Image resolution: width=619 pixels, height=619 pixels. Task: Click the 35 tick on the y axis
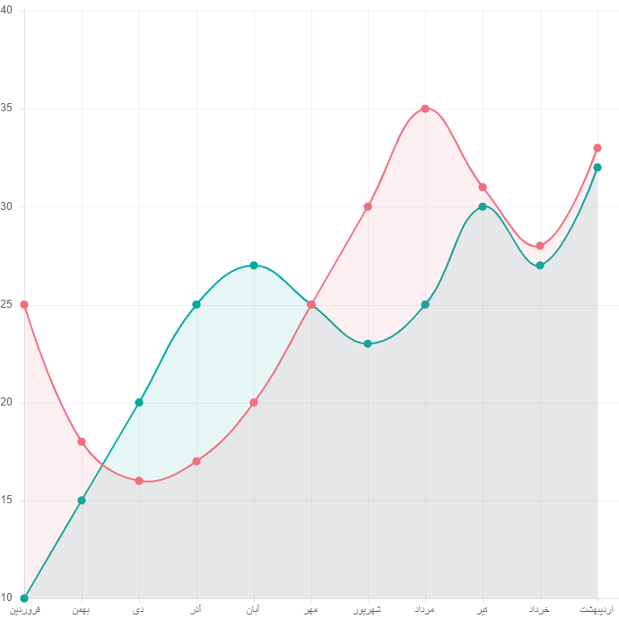coord(6,108)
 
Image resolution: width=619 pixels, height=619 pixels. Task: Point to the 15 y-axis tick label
coord(6,500)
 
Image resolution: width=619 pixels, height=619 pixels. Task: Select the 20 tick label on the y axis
coord(6,402)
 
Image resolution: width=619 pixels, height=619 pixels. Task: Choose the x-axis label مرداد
coord(425,610)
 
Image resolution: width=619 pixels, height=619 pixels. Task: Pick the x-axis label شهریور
coord(367,610)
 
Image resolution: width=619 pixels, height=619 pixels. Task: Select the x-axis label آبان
coord(254,610)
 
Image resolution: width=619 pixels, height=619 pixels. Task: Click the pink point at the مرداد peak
coord(425,109)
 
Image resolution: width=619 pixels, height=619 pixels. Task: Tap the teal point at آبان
coord(254,265)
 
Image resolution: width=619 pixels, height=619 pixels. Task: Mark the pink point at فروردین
coord(24,304)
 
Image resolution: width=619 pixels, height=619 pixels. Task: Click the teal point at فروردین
coord(24,597)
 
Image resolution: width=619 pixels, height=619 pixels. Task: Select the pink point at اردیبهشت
coord(597,147)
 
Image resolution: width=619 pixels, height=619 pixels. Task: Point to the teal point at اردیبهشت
coord(597,167)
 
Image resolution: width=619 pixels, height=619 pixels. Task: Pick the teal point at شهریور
coord(368,344)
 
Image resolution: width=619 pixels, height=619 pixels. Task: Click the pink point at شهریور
coord(368,206)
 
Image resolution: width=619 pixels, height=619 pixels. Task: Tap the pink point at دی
coord(139,481)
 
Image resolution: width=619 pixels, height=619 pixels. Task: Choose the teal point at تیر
coord(483,206)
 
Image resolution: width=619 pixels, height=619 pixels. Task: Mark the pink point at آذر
coord(196,461)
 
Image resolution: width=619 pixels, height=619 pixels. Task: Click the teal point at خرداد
coord(540,266)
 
